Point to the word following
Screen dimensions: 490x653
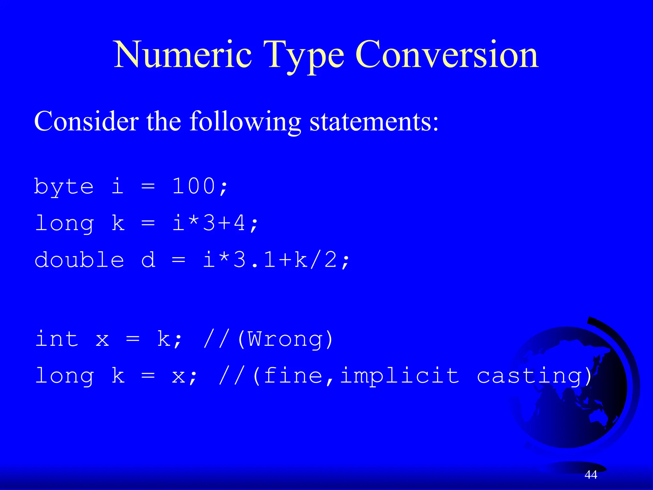(245, 122)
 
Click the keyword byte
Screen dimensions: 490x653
(64, 187)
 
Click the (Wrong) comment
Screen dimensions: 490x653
(285, 339)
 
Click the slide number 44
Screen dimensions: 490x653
(591, 475)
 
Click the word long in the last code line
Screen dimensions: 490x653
(64, 376)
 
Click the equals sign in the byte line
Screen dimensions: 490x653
(148, 186)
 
